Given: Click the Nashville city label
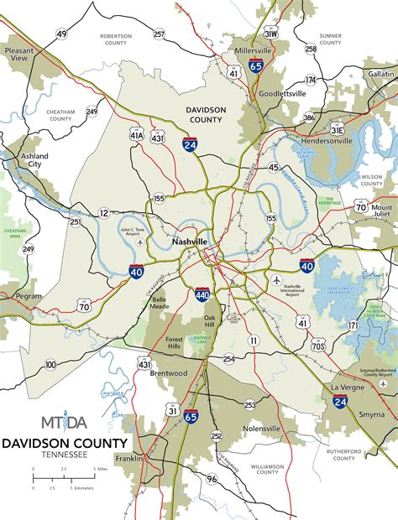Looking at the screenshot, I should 189,242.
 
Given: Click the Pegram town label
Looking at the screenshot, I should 27,298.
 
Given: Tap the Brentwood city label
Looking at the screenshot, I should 170,372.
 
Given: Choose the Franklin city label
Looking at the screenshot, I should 154,459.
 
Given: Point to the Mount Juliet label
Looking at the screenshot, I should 382,211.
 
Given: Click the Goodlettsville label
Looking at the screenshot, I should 282,94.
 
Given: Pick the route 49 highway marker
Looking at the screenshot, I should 61,34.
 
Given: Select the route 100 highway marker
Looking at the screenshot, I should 50,364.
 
